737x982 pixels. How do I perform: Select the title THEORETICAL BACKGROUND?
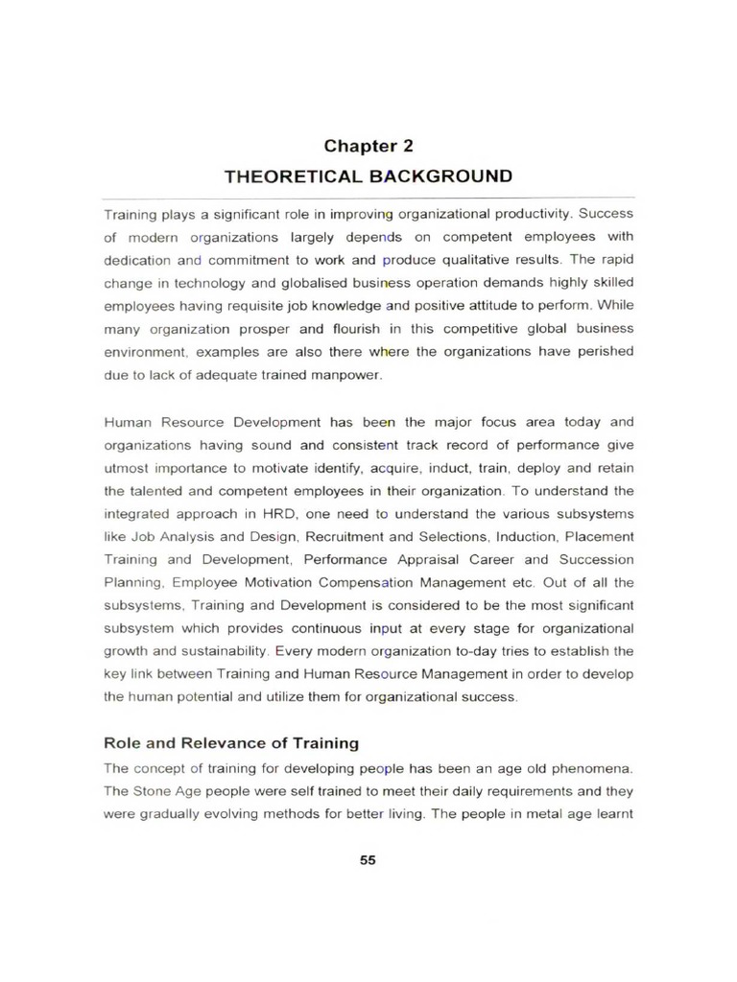click(368, 176)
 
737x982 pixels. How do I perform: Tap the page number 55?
click(368, 859)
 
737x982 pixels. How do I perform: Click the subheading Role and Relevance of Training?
click(230, 742)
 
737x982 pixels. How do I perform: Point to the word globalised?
click(279, 283)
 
